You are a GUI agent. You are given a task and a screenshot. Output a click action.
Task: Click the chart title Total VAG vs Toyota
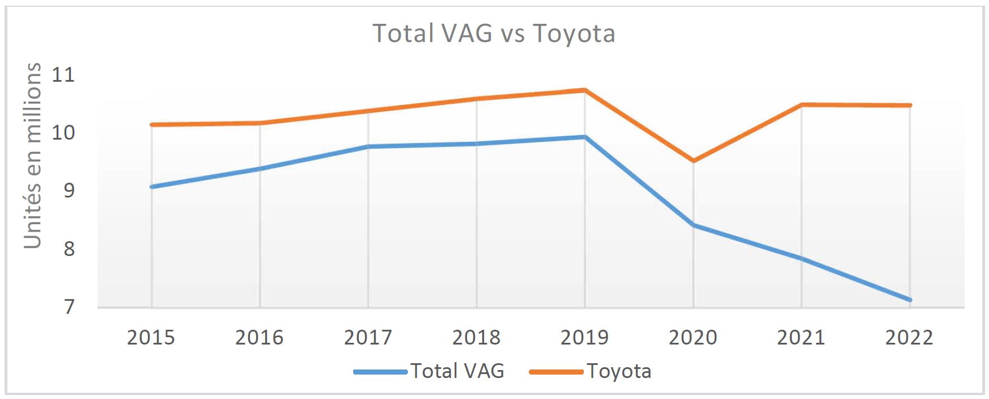tap(494, 33)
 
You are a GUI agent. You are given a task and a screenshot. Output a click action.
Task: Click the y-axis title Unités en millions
tap(32, 156)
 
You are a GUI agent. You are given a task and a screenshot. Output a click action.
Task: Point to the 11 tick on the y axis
tap(63, 74)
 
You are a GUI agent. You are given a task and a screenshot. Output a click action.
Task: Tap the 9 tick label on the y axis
tap(69, 190)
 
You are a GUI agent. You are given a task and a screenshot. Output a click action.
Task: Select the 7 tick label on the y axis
tap(69, 306)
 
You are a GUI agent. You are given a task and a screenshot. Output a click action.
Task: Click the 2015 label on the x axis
tap(151, 338)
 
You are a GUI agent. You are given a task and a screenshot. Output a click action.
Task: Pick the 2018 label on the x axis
tap(476, 338)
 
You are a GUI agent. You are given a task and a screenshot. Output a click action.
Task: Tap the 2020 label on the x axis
tap(693, 338)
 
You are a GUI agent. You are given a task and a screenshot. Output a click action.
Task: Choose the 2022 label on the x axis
tap(909, 338)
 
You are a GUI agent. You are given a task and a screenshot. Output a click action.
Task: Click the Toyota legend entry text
tap(619, 371)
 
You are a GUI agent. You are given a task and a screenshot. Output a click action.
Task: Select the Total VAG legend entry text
tap(457, 371)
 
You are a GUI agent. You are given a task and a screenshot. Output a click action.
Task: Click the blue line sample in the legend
tap(380, 372)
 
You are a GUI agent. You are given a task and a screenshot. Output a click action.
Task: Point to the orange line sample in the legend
tap(556, 372)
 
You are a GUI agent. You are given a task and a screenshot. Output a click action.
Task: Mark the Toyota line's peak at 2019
tap(584, 90)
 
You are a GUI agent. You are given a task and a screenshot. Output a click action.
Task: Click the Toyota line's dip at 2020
tap(693, 161)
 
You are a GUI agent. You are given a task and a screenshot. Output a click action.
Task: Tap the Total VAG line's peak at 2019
tap(584, 137)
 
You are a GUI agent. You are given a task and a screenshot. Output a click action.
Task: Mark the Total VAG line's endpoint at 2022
tap(910, 300)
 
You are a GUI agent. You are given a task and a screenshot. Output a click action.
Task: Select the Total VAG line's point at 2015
tap(151, 187)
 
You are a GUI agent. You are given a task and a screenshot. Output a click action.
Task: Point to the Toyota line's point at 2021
tap(801, 104)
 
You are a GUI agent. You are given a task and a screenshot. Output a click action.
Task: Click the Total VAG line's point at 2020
tap(693, 225)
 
